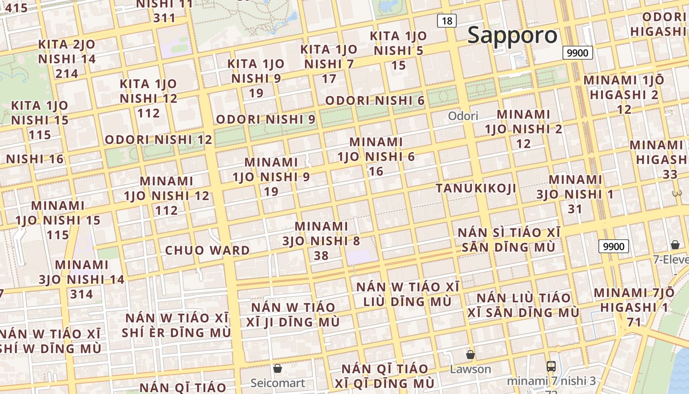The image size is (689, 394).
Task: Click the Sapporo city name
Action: [x=512, y=35]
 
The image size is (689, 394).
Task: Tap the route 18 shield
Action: [x=447, y=21]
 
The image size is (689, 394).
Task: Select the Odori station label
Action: [x=463, y=116]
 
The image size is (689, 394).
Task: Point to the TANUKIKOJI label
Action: [x=476, y=188]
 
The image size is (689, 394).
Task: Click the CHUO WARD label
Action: [x=207, y=250]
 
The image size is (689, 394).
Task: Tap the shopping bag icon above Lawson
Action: [x=470, y=355]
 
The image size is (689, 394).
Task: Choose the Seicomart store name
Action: [x=278, y=383]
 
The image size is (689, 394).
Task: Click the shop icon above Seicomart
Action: [x=278, y=368]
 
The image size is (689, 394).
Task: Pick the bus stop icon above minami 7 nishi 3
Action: [x=551, y=366]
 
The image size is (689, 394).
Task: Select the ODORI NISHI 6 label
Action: [x=375, y=100]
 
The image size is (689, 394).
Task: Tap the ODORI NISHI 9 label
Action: [x=265, y=119]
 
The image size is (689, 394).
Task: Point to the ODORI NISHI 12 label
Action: [x=158, y=139]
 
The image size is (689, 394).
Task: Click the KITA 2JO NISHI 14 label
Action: [x=67, y=59]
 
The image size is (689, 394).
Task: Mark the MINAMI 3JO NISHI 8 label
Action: [x=321, y=241]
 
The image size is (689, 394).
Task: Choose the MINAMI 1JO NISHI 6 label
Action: [x=376, y=156]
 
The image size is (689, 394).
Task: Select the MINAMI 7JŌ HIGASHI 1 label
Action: [x=634, y=307]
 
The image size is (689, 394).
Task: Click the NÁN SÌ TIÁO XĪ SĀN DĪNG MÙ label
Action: [x=508, y=239]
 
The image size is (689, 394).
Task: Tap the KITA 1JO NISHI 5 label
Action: [x=398, y=50]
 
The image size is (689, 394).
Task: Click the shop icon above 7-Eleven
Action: [x=675, y=245]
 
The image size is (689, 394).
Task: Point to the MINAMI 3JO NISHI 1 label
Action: [x=575, y=194]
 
